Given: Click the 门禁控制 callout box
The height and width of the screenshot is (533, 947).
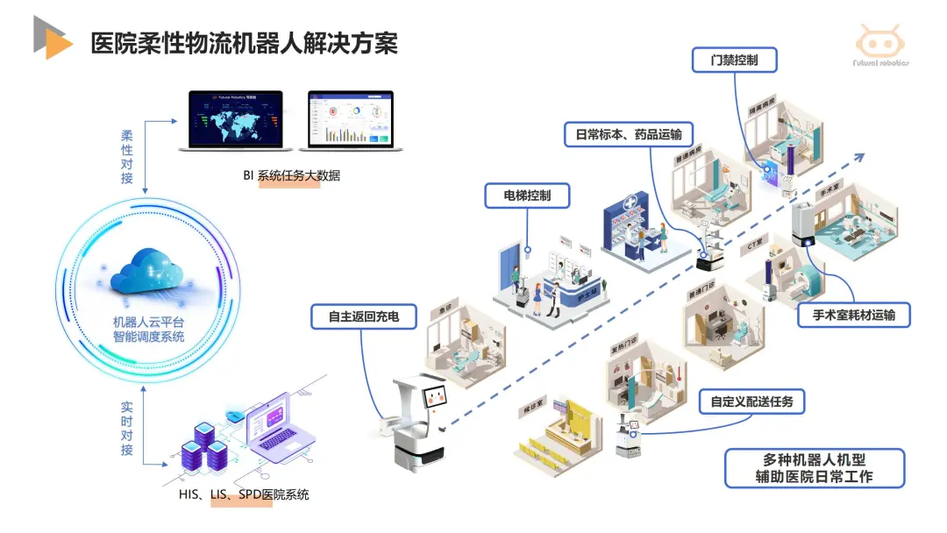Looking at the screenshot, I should [x=735, y=60].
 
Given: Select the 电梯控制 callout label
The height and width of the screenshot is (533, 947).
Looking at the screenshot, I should [x=527, y=195].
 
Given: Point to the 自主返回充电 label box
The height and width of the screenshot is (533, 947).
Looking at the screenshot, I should [x=363, y=316].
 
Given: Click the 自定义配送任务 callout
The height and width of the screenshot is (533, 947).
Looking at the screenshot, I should [x=751, y=402].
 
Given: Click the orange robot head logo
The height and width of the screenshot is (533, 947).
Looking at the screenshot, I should [x=882, y=41].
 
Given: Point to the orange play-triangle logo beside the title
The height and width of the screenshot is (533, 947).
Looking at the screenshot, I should [x=54, y=39].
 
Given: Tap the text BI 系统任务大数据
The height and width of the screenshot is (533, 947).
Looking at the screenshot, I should [x=292, y=175].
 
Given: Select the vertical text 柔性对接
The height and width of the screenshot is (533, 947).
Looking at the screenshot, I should [x=127, y=159].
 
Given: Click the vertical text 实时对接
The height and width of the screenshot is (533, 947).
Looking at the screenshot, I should [x=127, y=429].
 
